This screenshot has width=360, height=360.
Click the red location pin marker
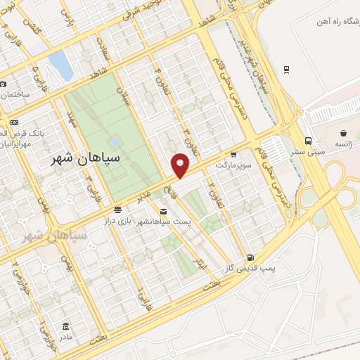[181, 165]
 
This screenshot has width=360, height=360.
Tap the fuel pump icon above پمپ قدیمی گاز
[252, 257]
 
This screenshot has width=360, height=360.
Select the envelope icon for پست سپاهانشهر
[163, 211]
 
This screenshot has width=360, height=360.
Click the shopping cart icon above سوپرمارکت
[233, 155]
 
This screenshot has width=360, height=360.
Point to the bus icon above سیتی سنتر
[309, 140]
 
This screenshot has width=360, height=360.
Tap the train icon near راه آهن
[287, 69]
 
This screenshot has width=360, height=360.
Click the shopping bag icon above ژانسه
[342, 133]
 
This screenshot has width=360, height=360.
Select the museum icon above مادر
[66, 326]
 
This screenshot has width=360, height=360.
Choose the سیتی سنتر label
[309, 151]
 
